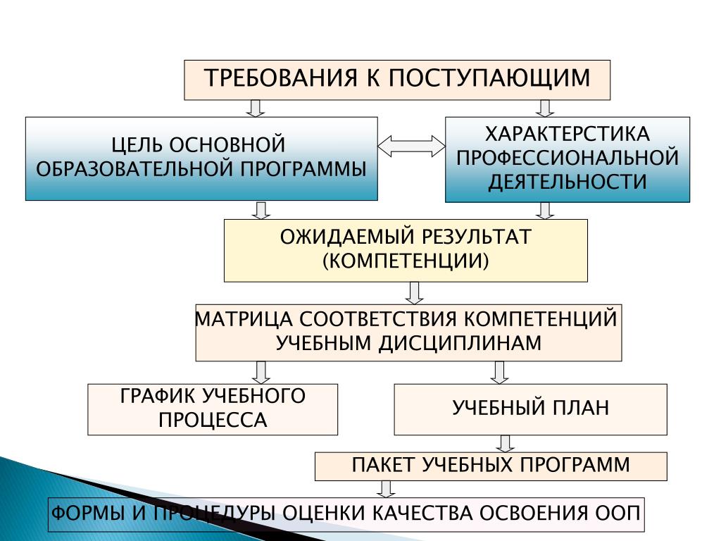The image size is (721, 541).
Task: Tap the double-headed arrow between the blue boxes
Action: click(x=412, y=146)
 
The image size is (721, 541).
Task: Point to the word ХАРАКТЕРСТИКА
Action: click(x=568, y=134)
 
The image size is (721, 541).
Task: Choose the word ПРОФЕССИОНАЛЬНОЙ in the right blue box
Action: click(x=568, y=157)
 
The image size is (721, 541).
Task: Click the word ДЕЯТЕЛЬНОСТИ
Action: click(x=568, y=181)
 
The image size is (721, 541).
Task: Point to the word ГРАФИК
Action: click(x=156, y=397)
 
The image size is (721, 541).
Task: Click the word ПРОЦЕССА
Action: click(x=213, y=421)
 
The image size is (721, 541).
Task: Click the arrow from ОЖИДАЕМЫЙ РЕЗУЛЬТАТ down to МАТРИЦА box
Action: click(x=415, y=292)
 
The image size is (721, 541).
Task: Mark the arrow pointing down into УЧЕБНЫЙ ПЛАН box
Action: click(x=499, y=372)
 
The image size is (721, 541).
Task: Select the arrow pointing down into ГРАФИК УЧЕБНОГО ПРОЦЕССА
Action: click(x=262, y=372)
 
